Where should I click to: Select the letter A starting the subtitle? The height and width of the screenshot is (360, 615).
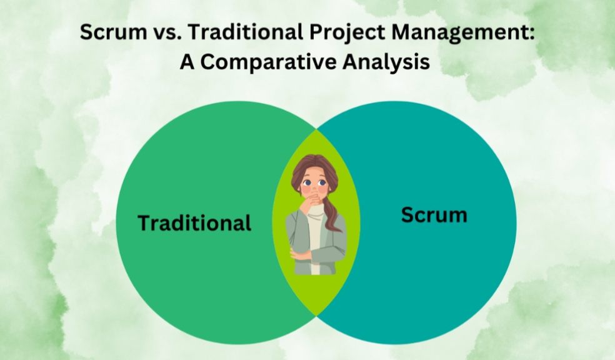tap(187, 62)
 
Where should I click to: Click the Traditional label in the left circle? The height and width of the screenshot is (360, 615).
tap(194, 222)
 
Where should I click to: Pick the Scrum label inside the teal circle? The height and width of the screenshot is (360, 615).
tap(434, 215)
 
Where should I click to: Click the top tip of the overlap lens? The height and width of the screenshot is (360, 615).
tap(316, 129)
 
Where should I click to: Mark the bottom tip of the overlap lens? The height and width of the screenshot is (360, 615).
tap(316, 315)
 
